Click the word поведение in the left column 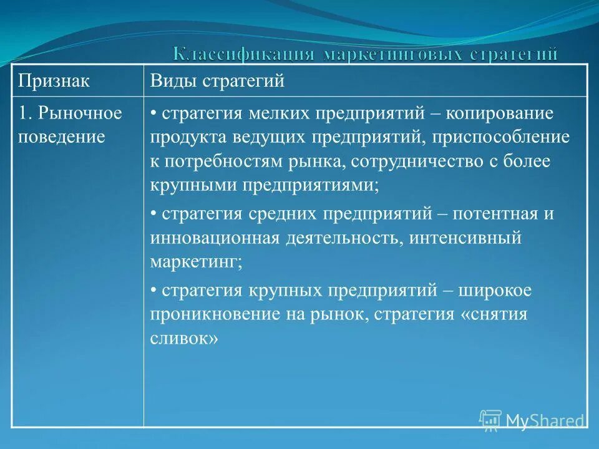tap(61, 137)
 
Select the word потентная tap(495, 215)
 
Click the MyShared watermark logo tap(533, 420)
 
